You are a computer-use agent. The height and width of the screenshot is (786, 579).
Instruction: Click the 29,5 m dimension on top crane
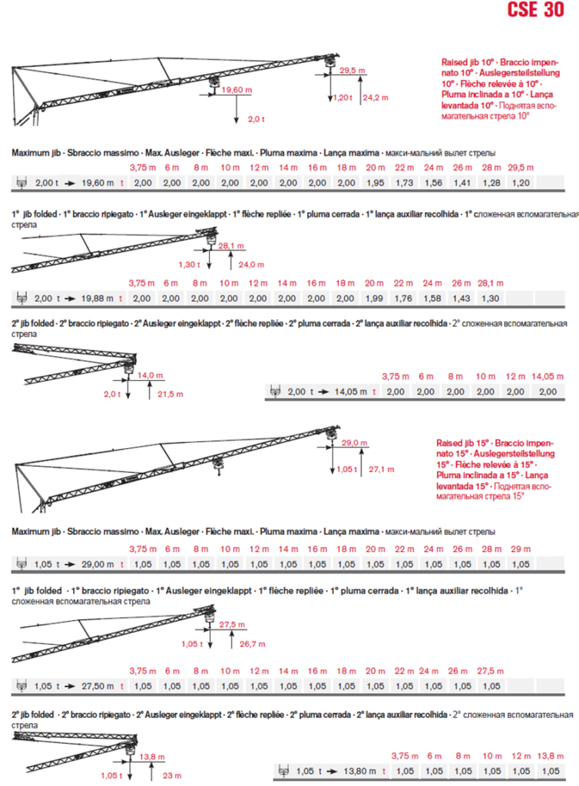pyautogui.click(x=352, y=70)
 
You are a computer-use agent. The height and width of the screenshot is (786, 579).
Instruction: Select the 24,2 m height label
pyautogui.click(x=376, y=97)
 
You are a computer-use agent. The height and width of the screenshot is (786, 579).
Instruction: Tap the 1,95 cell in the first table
pyautogui.click(x=376, y=183)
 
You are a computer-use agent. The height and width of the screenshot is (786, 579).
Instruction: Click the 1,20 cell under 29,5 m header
pyautogui.click(x=520, y=183)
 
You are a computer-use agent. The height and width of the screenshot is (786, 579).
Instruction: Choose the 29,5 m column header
pyautogui.click(x=520, y=167)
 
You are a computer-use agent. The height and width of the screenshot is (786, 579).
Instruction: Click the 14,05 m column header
pyautogui.click(x=547, y=375)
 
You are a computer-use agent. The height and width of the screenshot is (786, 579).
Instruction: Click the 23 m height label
pyautogui.click(x=170, y=774)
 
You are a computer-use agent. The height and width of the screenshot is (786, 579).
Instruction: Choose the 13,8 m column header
pyautogui.click(x=550, y=755)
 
